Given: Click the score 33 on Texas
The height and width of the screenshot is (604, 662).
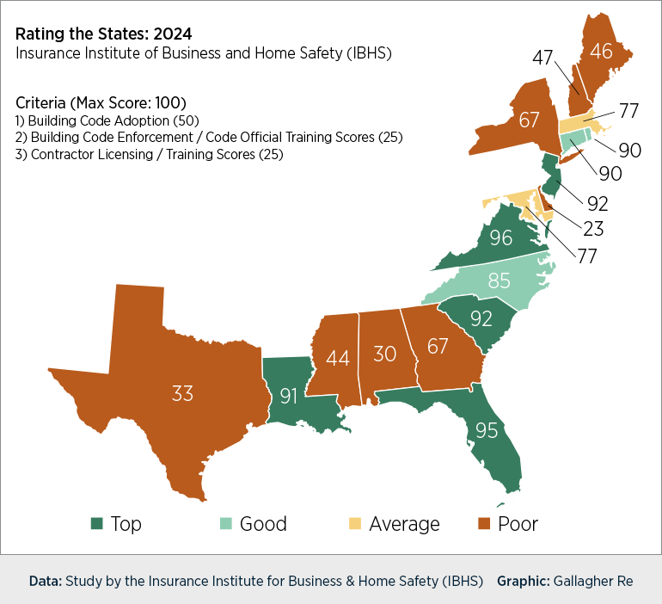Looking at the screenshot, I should pyautogui.click(x=181, y=394).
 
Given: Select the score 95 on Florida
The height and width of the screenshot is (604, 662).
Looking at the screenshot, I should pyautogui.click(x=487, y=429).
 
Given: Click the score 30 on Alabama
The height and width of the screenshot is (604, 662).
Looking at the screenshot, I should pyautogui.click(x=383, y=353).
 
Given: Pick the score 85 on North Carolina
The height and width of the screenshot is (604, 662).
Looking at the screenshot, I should pyautogui.click(x=499, y=280).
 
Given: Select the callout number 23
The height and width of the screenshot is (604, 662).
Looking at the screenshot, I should pyautogui.click(x=593, y=229).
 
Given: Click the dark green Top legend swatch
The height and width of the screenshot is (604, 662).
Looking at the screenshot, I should pyautogui.click(x=96, y=523).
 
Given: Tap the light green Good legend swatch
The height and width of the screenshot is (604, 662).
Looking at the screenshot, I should pyautogui.click(x=225, y=523).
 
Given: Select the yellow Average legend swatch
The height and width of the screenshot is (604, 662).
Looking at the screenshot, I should pyautogui.click(x=354, y=523).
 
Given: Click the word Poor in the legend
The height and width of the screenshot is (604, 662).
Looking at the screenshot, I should pyautogui.click(x=518, y=523).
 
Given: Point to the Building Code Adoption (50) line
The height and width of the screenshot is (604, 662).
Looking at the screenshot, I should pyautogui.click(x=107, y=120).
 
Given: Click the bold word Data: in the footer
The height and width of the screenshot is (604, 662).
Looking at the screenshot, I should pyautogui.click(x=45, y=581).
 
